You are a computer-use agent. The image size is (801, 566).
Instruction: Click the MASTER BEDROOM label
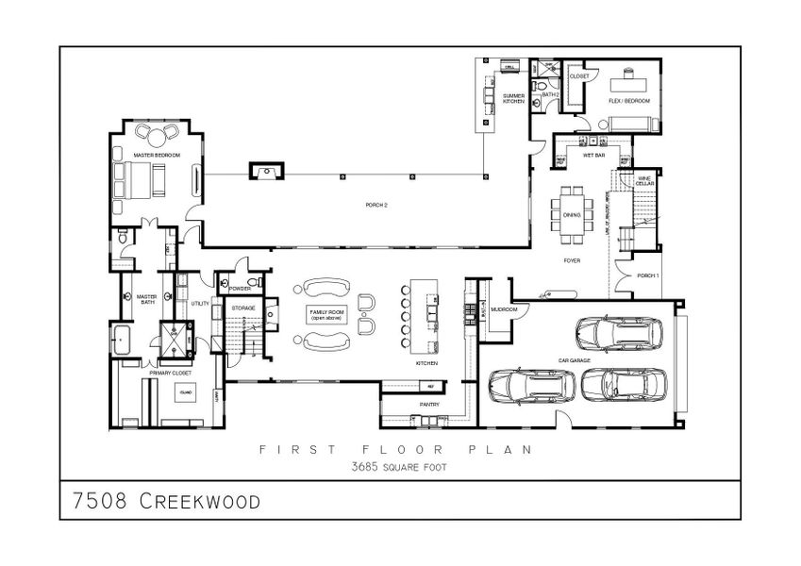tap(150, 154)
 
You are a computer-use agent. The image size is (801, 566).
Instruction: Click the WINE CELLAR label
tap(644, 179)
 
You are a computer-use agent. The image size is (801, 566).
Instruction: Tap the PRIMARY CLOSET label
tap(169, 374)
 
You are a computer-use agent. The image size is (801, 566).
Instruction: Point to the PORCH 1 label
tap(647, 275)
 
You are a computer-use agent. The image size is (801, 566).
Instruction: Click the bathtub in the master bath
tap(124, 340)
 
